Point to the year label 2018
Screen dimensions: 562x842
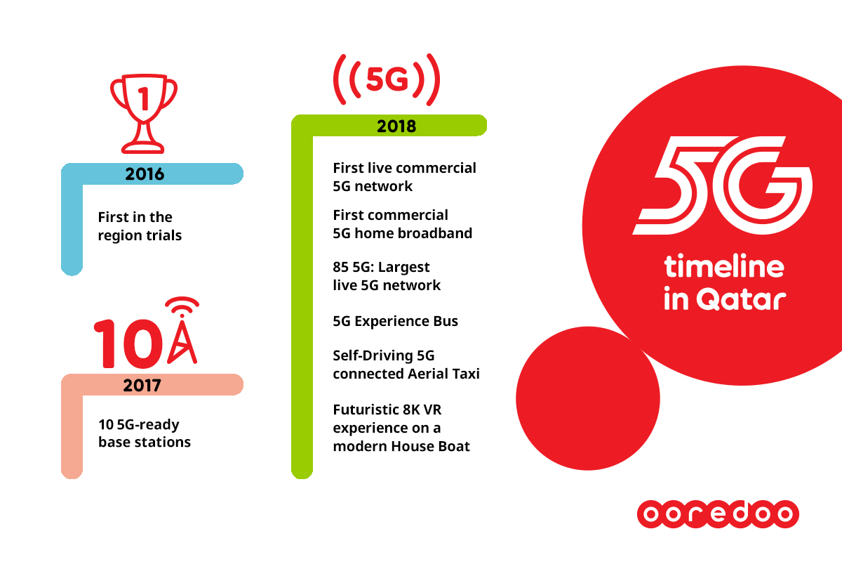396,126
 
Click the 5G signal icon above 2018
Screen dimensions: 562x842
387,79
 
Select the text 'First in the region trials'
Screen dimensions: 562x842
140,226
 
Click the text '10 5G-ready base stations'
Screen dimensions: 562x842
145,433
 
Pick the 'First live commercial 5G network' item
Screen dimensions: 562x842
404,177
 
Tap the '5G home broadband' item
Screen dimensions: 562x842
402,224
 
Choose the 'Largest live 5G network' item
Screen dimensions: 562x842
387,276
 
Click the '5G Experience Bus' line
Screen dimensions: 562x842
395,321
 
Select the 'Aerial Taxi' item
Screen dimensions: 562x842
406,365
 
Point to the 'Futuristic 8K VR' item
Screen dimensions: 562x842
401,428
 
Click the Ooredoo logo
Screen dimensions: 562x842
717,514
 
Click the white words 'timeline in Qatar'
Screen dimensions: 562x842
723,283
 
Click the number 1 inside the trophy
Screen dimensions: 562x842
144,100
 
